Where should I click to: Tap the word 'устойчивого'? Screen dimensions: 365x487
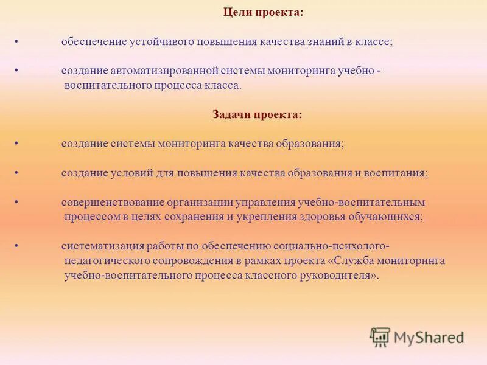tap(156, 42)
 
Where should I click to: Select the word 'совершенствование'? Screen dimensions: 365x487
tap(107, 202)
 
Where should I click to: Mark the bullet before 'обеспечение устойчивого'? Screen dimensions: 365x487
tap(16, 42)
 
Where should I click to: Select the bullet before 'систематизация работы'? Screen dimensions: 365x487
tap(16, 246)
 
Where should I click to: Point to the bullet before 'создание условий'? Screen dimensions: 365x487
tap(16, 173)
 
